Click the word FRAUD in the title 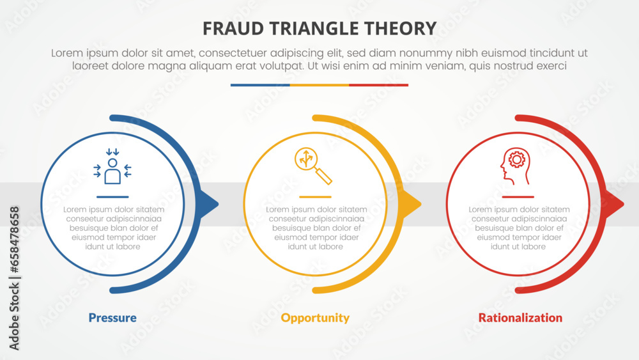tap(231, 28)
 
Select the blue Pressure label tap(112, 318)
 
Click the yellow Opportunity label tap(315, 318)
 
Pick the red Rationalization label tap(520, 318)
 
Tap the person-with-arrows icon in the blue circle tap(112, 169)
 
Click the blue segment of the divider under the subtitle tap(260, 85)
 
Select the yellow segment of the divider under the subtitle tap(319, 85)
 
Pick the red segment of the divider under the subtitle tap(378, 85)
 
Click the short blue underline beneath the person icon tap(112, 197)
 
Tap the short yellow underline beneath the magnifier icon tap(315, 197)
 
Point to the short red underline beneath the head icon tap(518, 197)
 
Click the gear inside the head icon tap(516, 159)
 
